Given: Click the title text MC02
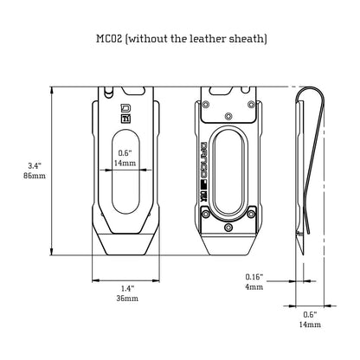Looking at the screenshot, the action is click(107, 38).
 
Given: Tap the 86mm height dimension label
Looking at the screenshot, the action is click(35, 176).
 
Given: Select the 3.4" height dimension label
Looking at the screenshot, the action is click(35, 165).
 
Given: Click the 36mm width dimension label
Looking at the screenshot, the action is click(127, 299).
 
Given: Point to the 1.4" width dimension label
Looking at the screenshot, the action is click(127, 288).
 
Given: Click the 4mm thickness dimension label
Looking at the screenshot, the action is click(254, 287).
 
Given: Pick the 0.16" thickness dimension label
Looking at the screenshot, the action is click(254, 277).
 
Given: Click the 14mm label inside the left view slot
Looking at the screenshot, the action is click(125, 163).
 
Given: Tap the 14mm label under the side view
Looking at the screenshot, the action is click(310, 325).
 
